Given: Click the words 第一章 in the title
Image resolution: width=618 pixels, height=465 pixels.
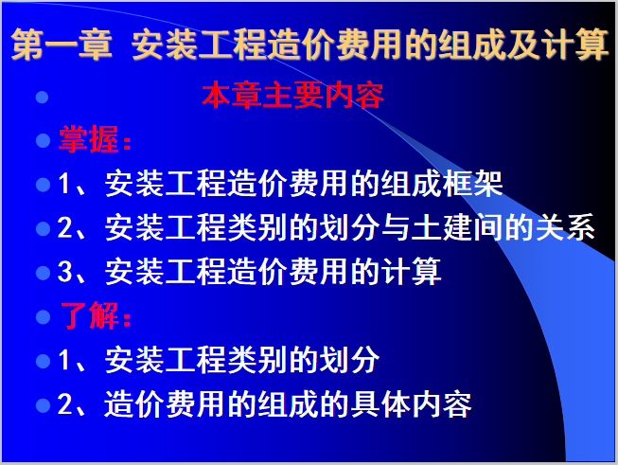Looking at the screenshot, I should point(61,46).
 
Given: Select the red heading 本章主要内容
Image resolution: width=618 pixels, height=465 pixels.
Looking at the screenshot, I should point(292,97).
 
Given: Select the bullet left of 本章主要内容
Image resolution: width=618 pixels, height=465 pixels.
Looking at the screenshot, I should point(42,98).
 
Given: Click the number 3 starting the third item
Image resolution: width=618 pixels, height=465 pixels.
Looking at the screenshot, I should point(65,274).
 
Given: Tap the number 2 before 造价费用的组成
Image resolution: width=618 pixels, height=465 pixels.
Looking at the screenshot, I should point(65,405).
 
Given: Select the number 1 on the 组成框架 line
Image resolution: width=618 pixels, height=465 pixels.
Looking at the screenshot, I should point(65,185).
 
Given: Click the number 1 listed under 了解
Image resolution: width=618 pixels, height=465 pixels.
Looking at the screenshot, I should point(65,361).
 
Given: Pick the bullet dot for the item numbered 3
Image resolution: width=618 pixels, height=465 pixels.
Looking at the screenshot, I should point(42,274).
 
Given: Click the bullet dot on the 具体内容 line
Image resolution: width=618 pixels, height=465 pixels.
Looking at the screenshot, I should point(42,405).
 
